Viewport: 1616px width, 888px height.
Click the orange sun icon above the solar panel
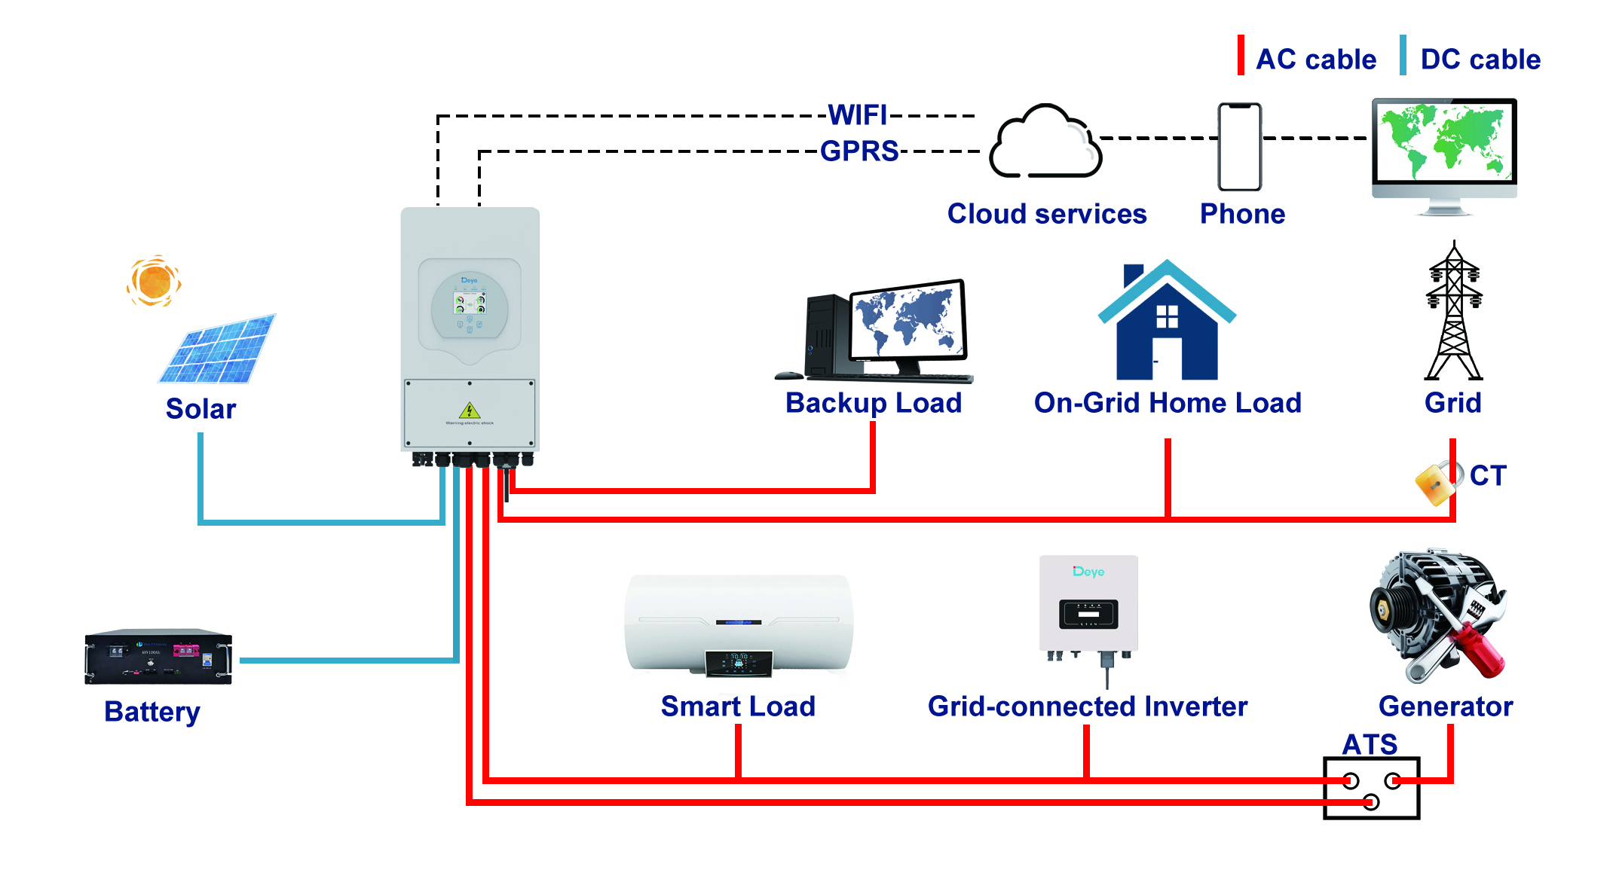[x=154, y=281]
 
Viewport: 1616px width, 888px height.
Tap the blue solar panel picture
[x=218, y=349]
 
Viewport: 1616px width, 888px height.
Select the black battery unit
[x=158, y=657]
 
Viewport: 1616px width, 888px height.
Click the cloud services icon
[x=1045, y=143]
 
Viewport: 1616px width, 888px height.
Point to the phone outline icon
[x=1239, y=147]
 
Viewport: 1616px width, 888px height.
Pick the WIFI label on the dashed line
[x=858, y=115]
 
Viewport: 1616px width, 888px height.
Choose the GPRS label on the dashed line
[x=859, y=151]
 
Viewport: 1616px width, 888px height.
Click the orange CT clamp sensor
[x=1435, y=483]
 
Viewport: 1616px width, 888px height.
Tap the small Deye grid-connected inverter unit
[x=1088, y=607]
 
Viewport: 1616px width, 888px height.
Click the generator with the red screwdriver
[x=1438, y=615]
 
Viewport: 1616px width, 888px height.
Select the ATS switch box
[x=1372, y=788]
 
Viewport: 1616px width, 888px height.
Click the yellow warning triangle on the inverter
[x=470, y=410]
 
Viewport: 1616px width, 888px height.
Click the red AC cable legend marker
[x=1241, y=55]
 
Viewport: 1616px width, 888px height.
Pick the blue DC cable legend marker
[x=1403, y=55]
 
